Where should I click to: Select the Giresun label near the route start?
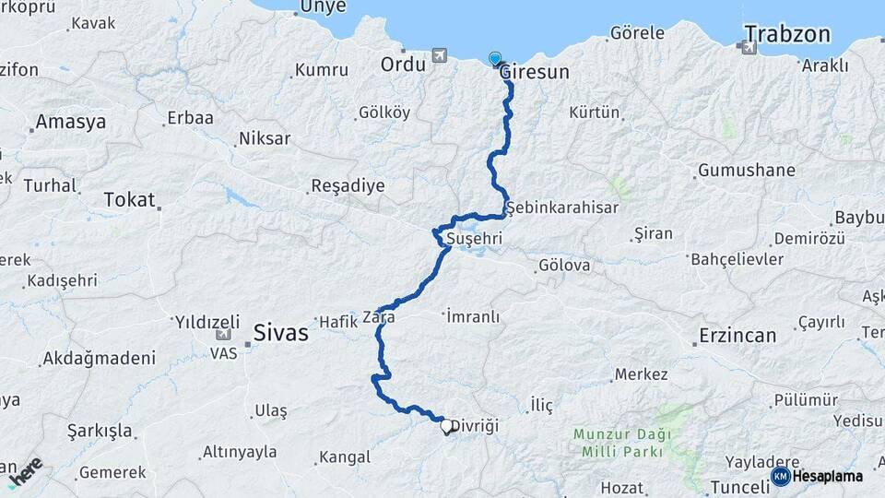(x=537, y=72)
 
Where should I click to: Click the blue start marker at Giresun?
(x=496, y=59)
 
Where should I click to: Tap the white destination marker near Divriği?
(x=447, y=426)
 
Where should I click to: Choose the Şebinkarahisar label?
(x=562, y=207)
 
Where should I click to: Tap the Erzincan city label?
(x=737, y=335)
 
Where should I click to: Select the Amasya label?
(x=70, y=122)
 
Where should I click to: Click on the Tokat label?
(x=129, y=198)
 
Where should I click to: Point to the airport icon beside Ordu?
(x=438, y=57)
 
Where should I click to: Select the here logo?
(x=25, y=471)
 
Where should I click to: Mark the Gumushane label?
(x=746, y=171)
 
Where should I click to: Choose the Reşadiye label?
(x=348, y=185)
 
